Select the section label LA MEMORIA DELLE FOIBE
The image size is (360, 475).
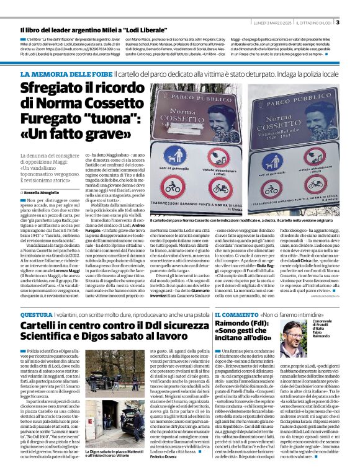(x=60, y=74)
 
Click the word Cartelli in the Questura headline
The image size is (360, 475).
(x=43, y=326)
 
